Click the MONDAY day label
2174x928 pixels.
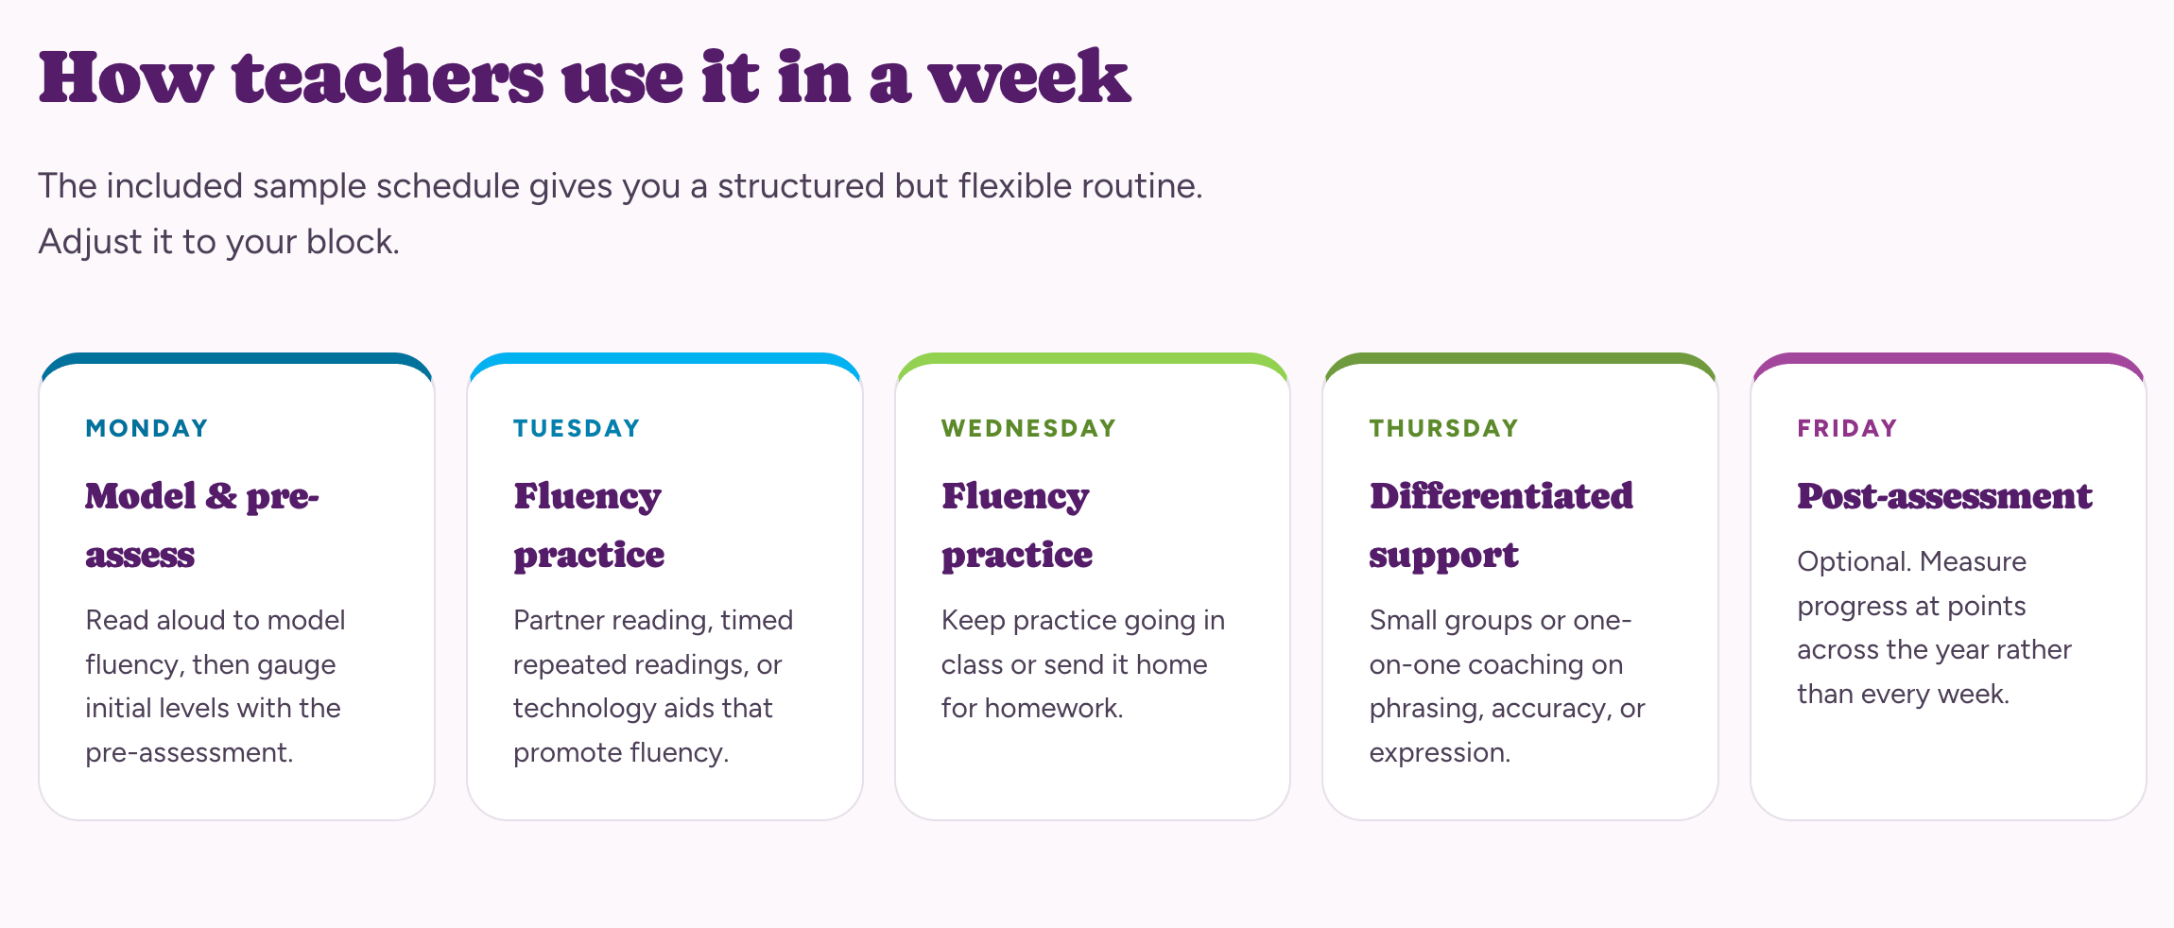coord(147,428)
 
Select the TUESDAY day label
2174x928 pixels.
coord(577,428)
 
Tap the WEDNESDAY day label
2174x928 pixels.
coord(1028,428)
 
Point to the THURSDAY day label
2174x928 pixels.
coord(1443,428)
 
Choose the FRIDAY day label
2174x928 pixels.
coord(1847,428)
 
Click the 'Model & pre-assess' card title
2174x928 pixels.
coord(202,524)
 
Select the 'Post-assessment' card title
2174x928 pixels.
coord(1944,496)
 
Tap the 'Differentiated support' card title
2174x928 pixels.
coord(1501,524)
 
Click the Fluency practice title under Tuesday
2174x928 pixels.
coord(589,524)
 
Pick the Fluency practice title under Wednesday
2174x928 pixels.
coord(1017,524)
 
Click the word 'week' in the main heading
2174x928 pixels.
coord(1029,77)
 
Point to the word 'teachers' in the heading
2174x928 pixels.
coord(388,77)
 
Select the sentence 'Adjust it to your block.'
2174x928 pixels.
coord(218,242)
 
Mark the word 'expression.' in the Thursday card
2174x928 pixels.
coord(1440,753)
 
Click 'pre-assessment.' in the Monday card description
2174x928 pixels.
coord(189,753)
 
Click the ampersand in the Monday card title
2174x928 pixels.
coord(221,496)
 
